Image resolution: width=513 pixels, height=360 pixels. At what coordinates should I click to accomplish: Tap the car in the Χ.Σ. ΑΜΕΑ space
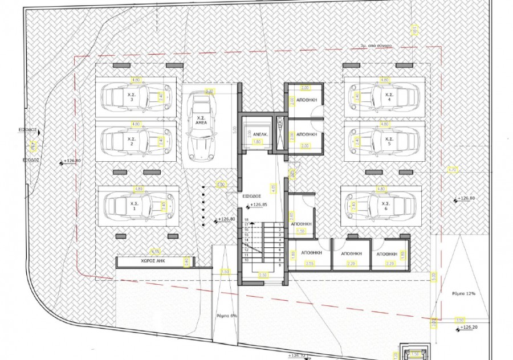(201, 126)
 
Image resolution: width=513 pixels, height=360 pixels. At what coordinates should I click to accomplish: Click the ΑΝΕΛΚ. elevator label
(253, 135)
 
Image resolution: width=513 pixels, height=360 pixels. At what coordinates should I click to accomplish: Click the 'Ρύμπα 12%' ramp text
(462, 294)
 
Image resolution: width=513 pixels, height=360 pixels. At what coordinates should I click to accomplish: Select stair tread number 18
(247, 220)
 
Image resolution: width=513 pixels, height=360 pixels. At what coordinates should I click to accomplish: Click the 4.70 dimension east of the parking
(453, 169)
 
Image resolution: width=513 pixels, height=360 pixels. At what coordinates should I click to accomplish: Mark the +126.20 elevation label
(470, 328)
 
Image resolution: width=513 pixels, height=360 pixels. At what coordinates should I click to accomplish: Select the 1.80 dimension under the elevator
(256, 142)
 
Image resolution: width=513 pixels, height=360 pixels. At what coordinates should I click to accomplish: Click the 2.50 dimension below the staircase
(263, 275)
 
